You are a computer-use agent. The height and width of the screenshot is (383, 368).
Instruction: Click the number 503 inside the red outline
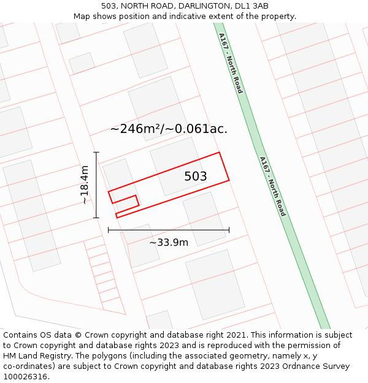coord(196,176)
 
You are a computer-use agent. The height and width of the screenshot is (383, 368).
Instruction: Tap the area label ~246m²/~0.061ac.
coord(169,129)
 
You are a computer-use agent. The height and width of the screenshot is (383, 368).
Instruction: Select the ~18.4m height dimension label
coord(85,185)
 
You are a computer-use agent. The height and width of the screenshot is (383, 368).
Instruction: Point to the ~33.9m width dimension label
coord(169,243)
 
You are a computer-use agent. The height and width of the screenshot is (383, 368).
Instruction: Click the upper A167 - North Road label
coord(231,63)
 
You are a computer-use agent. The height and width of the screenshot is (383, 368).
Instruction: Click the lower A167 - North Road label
coord(273,186)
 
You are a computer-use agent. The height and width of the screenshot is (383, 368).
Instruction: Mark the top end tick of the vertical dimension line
coord(96,152)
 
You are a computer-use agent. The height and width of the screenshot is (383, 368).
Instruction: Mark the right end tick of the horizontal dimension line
coord(229,230)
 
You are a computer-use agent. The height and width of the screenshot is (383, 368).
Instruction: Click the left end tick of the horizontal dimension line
coord(109,230)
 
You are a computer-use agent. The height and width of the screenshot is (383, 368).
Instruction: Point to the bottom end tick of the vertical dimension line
coord(96,218)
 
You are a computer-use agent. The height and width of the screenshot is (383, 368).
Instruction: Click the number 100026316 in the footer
coord(26,376)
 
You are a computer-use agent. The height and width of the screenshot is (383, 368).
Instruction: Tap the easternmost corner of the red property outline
coord(229,180)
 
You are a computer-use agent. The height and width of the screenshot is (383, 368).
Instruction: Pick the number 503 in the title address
coord(109,6)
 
